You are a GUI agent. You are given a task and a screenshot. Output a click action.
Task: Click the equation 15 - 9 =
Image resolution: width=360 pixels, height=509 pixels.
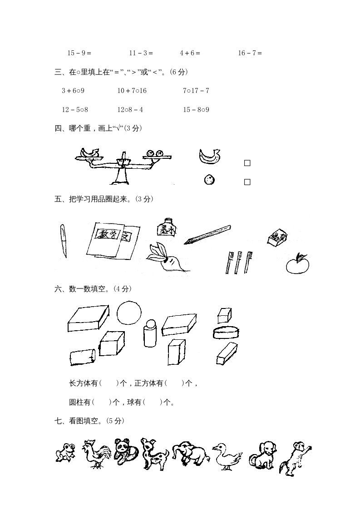[79, 53]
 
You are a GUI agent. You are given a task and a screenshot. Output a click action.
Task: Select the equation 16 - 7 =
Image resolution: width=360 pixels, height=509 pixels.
[250, 53]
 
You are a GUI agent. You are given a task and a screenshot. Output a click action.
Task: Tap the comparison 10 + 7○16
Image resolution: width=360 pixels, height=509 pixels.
[132, 91]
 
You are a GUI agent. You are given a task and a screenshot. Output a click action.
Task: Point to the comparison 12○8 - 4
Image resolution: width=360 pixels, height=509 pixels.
[130, 110]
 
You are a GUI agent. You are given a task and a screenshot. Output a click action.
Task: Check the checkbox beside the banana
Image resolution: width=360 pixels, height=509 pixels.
[247, 163]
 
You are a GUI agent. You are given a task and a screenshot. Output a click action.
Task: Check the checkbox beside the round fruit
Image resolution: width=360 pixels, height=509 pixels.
[247, 182]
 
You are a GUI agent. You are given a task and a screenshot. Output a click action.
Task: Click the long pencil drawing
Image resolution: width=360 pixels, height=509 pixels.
[207, 235]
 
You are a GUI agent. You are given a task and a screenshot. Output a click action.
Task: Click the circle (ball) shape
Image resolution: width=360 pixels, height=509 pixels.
[129, 313]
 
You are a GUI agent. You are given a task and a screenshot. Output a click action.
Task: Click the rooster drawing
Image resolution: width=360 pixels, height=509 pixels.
[96, 454]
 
